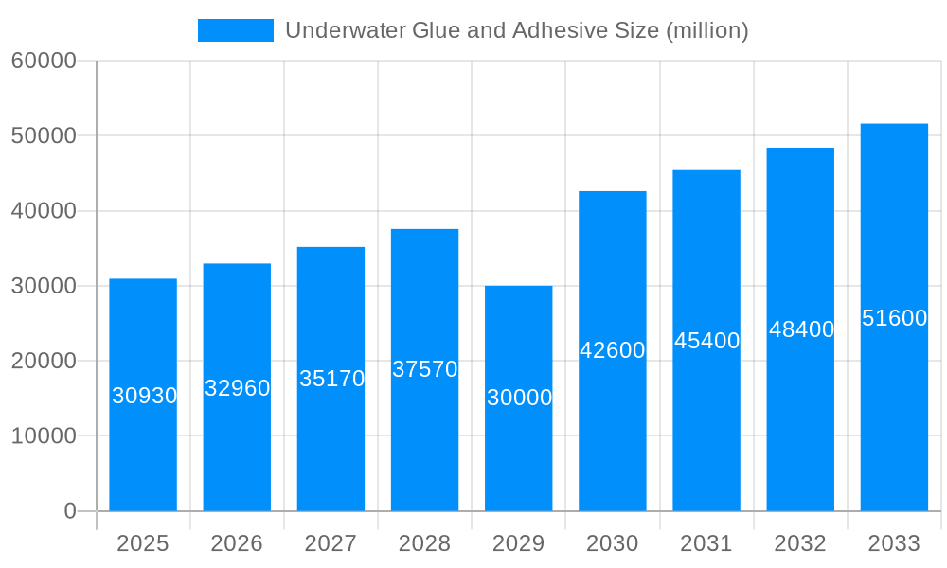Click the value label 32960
tap(238, 388)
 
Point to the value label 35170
tap(331, 379)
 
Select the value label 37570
tap(425, 369)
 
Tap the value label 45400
tap(706, 341)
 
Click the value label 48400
tap(801, 329)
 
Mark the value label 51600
tap(894, 318)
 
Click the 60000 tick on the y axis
tap(44, 62)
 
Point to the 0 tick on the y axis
tap(70, 511)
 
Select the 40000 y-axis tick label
tap(44, 211)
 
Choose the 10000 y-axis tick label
tap(44, 436)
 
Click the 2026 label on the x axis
tap(237, 543)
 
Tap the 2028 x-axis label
tap(424, 543)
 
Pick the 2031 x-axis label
tap(706, 543)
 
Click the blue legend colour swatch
tap(235, 30)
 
